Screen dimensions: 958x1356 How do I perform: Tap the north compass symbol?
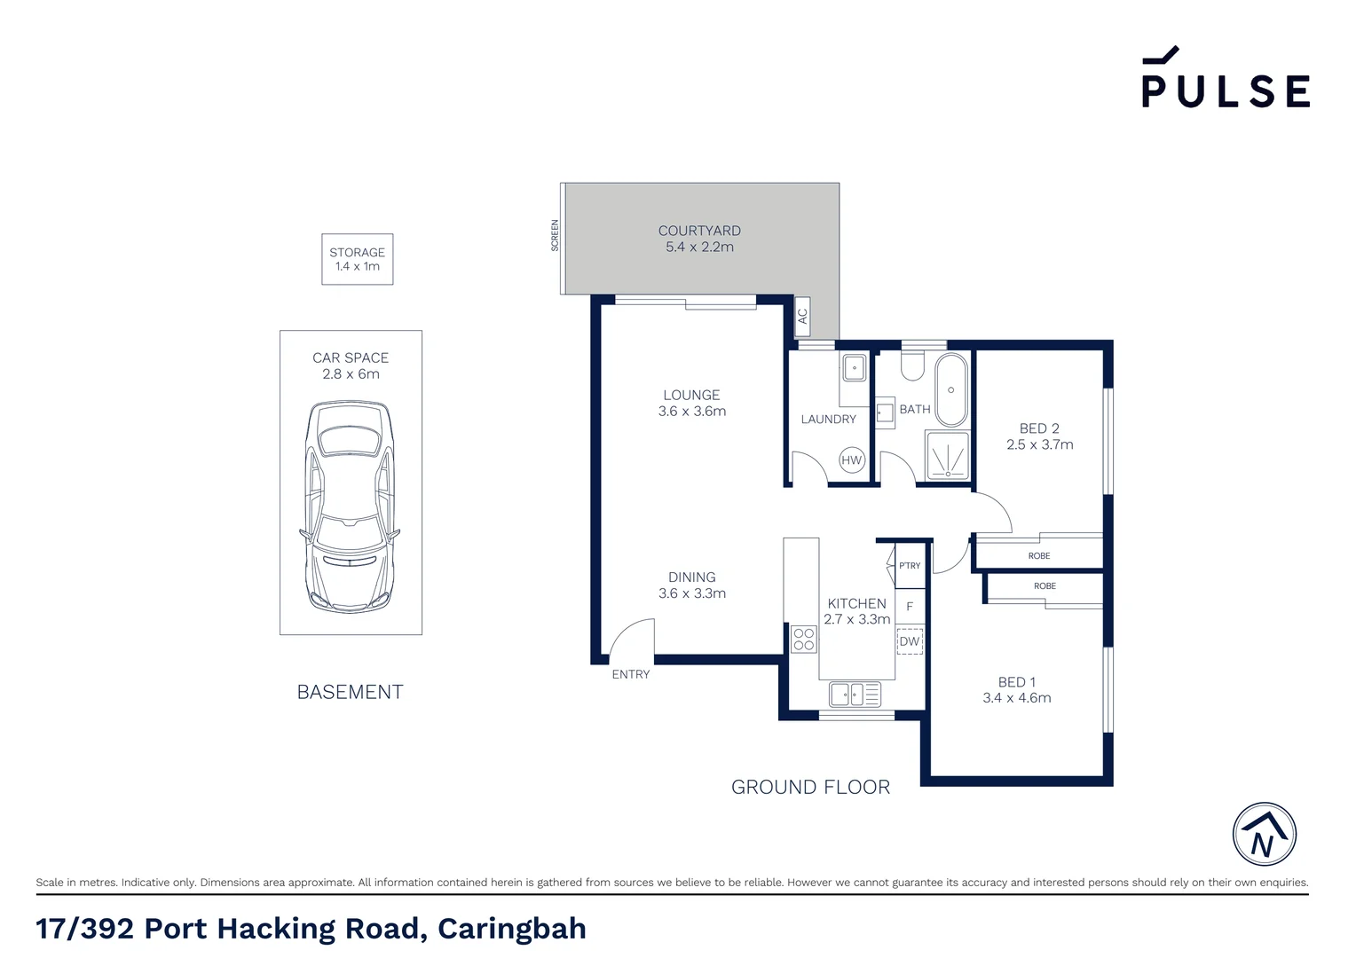tap(1264, 834)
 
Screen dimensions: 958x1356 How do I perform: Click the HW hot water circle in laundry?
tap(851, 459)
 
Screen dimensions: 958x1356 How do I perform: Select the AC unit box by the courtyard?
tap(802, 315)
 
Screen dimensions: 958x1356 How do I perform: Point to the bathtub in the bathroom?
tap(950, 390)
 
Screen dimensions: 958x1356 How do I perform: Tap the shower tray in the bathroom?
tap(948, 456)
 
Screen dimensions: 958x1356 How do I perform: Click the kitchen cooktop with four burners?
tap(804, 640)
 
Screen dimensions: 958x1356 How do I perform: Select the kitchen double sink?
tap(855, 694)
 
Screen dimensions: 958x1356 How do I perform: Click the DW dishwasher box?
tap(910, 641)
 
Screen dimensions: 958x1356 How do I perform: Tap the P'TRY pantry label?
tap(910, 566)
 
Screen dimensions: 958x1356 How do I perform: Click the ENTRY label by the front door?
tap(631, 674)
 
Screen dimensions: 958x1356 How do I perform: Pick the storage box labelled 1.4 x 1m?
tap(357, 259)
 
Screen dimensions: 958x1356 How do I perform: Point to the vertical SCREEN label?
tap(556, 235)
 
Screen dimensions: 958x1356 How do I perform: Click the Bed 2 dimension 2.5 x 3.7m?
tap(1039, 444)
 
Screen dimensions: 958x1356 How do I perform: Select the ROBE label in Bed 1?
tap(1045, 586)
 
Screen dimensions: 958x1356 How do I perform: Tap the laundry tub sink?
tap(854, 367)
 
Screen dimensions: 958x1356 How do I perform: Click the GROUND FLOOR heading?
tap(810, 787)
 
